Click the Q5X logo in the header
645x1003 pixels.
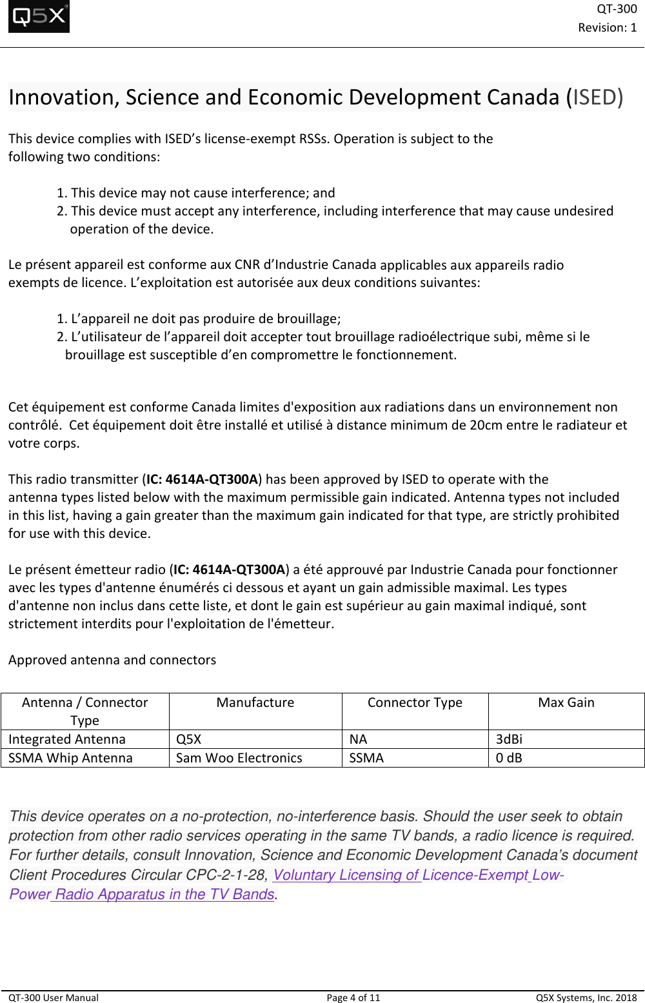(39, 17)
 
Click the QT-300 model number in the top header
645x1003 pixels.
(617, 8)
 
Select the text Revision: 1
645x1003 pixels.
(607, 27)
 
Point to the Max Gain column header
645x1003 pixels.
(566, 702)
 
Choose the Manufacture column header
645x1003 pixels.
(255, 702)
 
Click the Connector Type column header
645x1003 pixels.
(415, 702)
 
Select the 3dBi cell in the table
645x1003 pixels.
(509, 739)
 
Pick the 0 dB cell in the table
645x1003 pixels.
(509, 758)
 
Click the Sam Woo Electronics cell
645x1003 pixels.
(239, 758)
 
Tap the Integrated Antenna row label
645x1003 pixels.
(67, 739)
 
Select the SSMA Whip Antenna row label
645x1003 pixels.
(70, 758)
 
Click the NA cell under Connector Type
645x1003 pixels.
(358, 739)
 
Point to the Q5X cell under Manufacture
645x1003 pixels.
(188, 739)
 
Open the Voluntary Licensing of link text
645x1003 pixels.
(346, 875)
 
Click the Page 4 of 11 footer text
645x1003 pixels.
(353, 997)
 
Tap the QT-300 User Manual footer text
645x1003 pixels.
(54, 997)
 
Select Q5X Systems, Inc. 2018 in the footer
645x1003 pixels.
(586, 997)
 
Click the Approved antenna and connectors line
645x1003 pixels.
(112, 660)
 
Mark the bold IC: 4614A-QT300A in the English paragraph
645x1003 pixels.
(202, 479)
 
